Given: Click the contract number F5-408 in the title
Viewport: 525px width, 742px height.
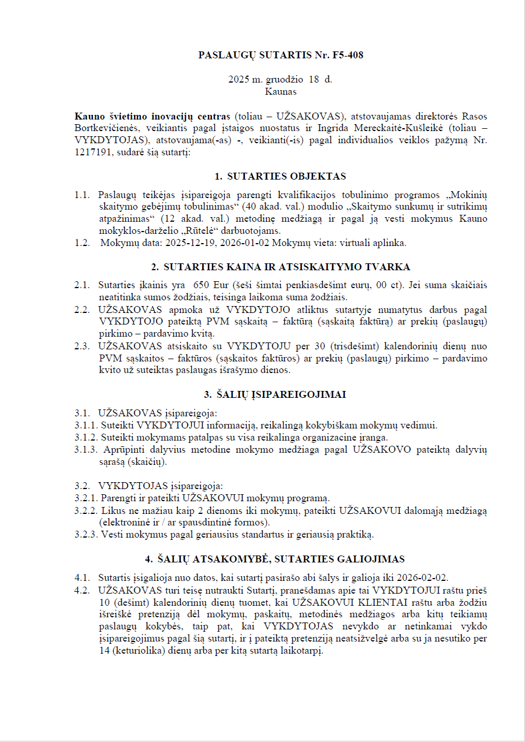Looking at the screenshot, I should [348, 55].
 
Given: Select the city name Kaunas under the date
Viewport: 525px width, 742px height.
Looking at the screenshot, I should [281, 91].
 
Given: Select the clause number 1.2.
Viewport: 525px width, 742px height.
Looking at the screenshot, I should [82, 243].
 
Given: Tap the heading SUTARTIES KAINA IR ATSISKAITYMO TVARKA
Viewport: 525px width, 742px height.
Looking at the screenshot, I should [286, 267].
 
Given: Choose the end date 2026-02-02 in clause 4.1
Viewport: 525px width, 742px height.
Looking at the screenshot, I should [427, 577].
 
